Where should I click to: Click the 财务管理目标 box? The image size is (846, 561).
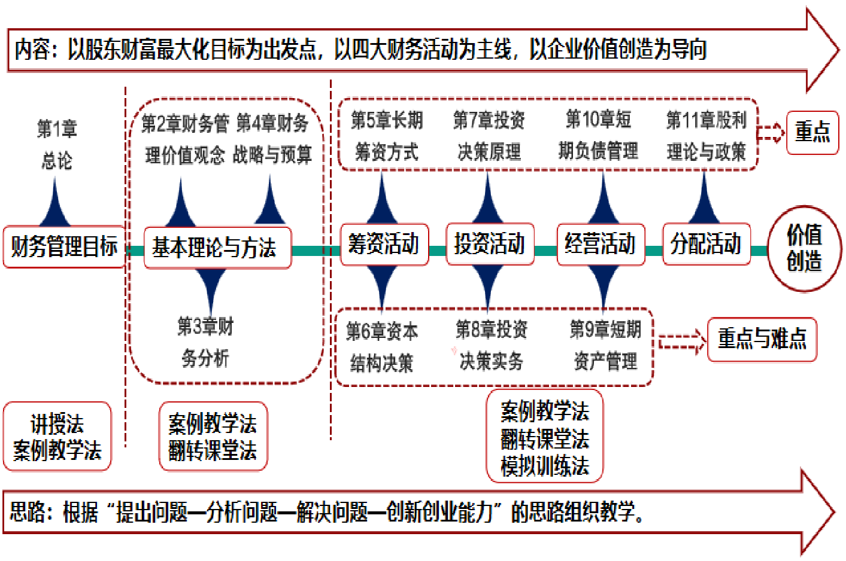point(64,246)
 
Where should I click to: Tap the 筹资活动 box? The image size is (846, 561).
point(384,244)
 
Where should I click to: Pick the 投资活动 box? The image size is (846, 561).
point(490,244)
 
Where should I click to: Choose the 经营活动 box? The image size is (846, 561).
point(601,244)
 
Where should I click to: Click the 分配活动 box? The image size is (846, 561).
point(706,244)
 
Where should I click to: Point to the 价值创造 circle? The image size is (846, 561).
point(804,249)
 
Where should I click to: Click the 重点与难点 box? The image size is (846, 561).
point(762,339)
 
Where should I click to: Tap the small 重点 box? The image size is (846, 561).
point(812,132)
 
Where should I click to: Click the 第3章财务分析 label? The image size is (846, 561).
point(205,342)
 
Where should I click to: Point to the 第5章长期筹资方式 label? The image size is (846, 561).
point(387,136)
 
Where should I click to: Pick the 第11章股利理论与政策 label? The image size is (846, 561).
point(706,136)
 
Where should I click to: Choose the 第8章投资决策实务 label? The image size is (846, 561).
point(492,345)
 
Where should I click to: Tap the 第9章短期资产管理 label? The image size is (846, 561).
point(605,345)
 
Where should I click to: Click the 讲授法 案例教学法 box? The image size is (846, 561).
point(57,437)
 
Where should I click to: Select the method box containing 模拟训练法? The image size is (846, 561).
point(545,438)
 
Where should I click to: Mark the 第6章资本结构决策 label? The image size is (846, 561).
point(381,347)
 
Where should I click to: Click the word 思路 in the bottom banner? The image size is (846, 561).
point(28,512)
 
